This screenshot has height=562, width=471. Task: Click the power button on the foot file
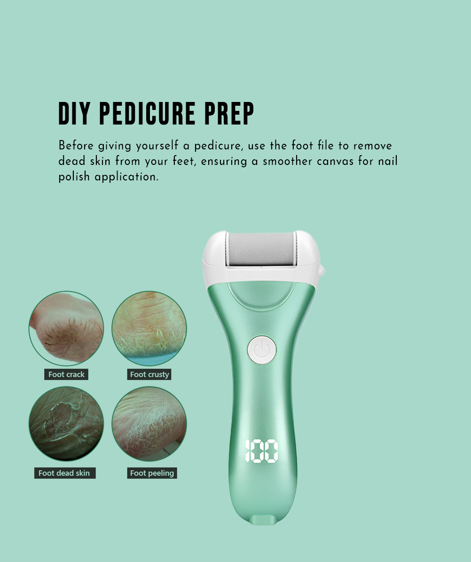(x=262, y=350)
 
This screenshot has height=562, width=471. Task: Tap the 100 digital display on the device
(x=262, y=451)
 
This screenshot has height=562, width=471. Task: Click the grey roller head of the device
(x=261, y=249)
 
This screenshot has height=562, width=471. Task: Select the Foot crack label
(x=66, y=374)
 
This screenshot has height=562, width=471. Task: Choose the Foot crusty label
(x=149, y=374)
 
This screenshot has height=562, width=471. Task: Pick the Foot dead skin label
(x=65, y=473)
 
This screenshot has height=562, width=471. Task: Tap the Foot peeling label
(x=152, y=473)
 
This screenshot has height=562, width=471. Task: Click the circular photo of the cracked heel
(x=66, y=328)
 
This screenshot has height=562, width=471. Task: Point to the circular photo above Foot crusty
(x=149, y=328)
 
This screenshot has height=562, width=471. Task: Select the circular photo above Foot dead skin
(x=66, y=424)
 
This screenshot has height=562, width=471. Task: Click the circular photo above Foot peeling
(x=149, y=424)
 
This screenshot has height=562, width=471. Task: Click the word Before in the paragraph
(x=76, y=146)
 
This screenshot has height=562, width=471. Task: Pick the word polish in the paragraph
(x=74, y=177)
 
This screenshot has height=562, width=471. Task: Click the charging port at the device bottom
(x=262, y=521)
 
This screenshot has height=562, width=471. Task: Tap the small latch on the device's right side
(x=321, y=271)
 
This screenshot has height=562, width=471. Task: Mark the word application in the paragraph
(x=126, y=177)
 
